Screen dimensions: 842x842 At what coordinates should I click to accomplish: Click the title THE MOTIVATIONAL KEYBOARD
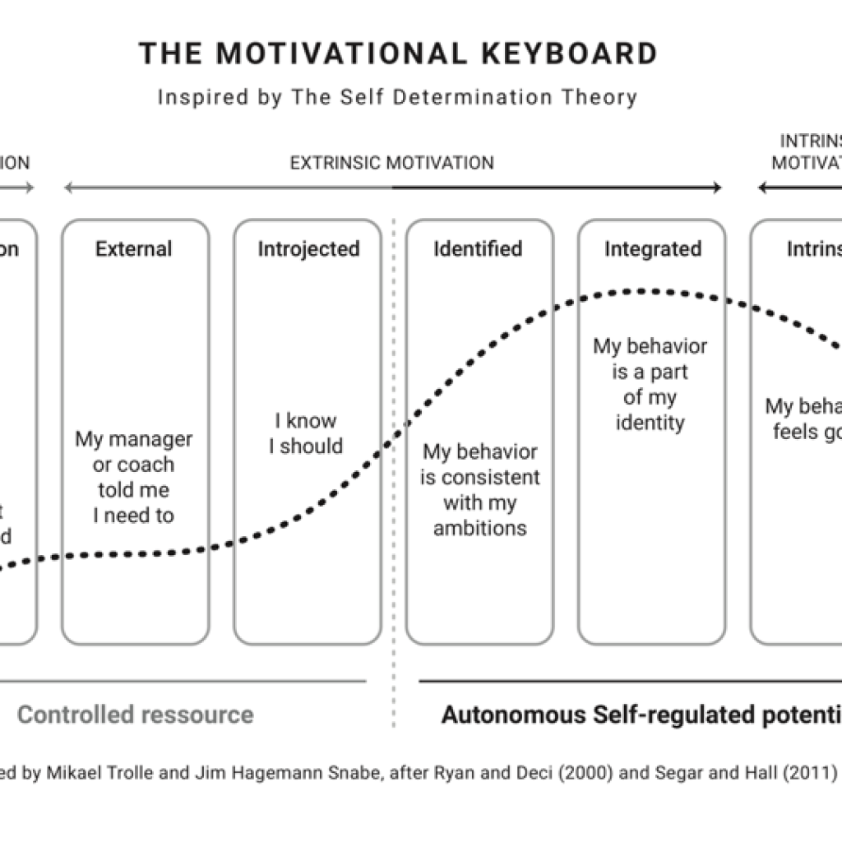(398, 53)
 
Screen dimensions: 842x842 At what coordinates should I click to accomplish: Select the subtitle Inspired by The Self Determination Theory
(397, 97)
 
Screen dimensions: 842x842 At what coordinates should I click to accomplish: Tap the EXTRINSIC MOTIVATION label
(391, 163)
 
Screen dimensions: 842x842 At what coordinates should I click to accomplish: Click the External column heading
(134, 248)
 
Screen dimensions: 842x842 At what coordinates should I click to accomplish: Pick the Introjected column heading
(308, 248)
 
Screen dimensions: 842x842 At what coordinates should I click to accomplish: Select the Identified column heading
(478, 248)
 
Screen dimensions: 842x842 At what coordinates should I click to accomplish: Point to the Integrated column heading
(653, 248)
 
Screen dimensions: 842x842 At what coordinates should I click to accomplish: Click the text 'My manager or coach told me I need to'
(134, 477)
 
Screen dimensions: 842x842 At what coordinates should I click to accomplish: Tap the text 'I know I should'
(307, 433)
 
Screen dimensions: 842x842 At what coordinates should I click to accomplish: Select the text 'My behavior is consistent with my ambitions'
(479, 489)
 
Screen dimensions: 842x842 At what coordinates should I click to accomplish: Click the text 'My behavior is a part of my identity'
(650, 384)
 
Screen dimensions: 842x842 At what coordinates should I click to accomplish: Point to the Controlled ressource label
(136, 715)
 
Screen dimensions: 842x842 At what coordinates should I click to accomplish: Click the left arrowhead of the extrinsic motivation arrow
(68, 188)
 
